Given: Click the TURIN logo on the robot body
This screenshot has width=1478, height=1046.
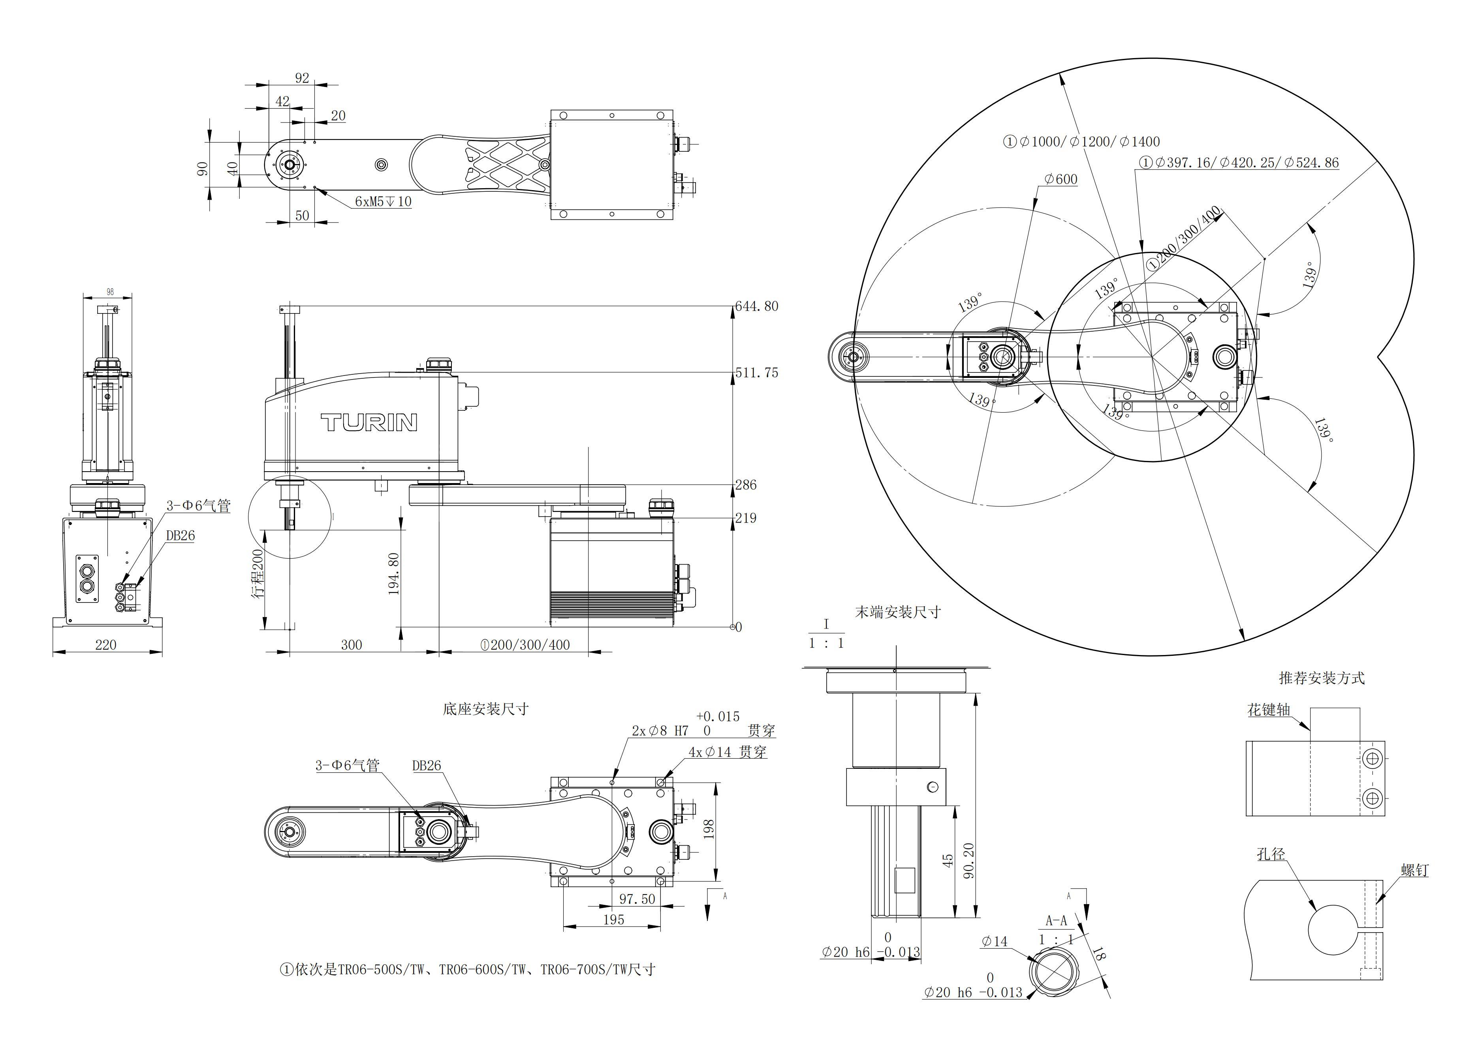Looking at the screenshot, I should (x=369, y=423).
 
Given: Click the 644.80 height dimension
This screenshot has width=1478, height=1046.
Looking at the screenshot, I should (x=757, y=307).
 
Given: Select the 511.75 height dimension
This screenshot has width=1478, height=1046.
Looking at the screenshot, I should (x=757, y=373).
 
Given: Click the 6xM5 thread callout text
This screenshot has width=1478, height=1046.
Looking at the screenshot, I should (x=383, y=202).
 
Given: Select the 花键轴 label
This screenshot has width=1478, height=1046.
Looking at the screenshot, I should (x=1269, y=710).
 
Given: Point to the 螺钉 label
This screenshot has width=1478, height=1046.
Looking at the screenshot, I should (x=1415, y=870).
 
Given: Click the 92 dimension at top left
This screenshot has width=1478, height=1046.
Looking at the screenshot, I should (x=302, y=78).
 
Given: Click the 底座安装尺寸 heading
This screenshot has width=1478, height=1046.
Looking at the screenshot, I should (x=485, y=709).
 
